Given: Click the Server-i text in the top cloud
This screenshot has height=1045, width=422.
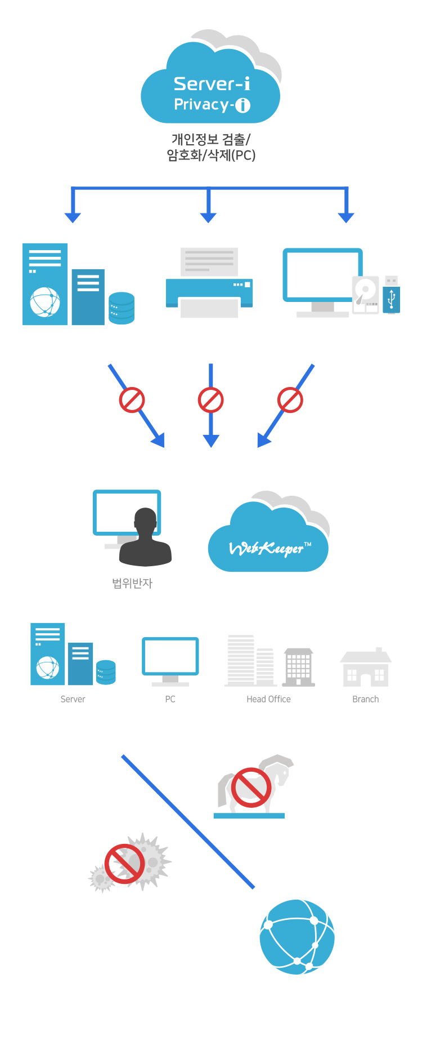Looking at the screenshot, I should [x=211, y=84].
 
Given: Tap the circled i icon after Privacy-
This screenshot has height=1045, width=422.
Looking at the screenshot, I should [x=243, y=105].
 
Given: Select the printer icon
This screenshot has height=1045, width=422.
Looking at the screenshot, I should [x=209, y=283].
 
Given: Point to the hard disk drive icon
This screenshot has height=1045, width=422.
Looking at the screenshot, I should [x=365, y=294].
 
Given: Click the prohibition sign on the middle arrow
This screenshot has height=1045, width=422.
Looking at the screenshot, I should [x=210, y=400].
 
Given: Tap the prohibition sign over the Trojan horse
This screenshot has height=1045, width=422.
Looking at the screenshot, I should [x=251, y=788].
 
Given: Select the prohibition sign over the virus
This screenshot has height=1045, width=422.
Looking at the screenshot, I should [x=125, y=864].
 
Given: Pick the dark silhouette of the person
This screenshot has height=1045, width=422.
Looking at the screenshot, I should [x=145, y=538].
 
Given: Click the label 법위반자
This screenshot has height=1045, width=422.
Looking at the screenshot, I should [x=132, y=584].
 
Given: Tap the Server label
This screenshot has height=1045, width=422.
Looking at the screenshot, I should [x=73, y=699].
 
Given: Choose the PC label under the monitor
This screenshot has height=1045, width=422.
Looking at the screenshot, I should [x=170, y=699].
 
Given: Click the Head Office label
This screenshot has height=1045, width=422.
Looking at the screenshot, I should [x=268, y=699].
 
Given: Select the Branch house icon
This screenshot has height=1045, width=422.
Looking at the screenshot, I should [x=366, y=668].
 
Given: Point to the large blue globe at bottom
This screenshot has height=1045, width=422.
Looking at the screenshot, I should [x=297, y=936].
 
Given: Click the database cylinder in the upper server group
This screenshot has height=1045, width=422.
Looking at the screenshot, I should [x=122, y=308].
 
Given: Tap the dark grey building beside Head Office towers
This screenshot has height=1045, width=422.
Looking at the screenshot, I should [x=298, y=667].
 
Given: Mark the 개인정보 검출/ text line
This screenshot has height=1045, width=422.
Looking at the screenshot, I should [x=211, y=139].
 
